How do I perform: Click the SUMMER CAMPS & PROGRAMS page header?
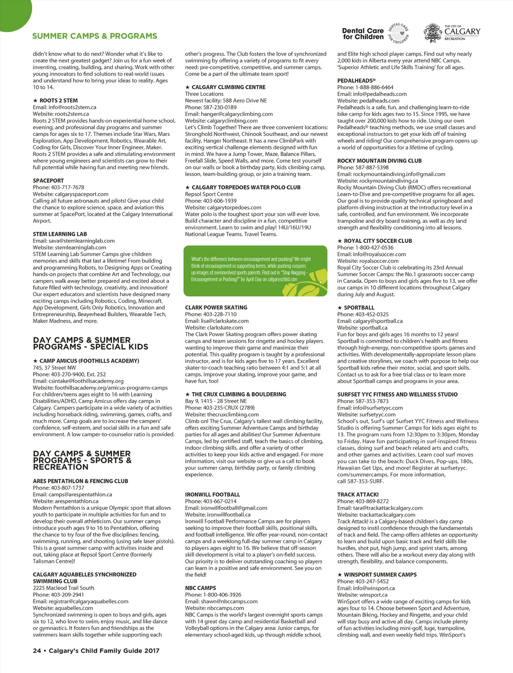click(x=95, y=36)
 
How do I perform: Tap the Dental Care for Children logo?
click(x=376, y=34)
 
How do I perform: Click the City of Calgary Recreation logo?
click(x=452, y=33)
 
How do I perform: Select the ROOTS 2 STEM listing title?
click(x=58, y=101)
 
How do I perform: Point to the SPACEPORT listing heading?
click(x=49, y=181)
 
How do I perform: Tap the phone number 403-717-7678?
click(x=67, y=187)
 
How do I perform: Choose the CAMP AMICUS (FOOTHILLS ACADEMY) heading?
click(x=89, y=361)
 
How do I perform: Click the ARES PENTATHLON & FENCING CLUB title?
click(x=81, y=481)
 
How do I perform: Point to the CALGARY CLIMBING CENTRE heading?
click(x=228, y=87)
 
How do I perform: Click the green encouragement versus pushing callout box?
click(x=255, y=270)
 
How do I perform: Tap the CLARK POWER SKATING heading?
click(x=216, y=307)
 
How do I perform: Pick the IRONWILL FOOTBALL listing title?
click(x=212, y=495)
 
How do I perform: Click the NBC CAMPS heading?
click(x=200, y=588)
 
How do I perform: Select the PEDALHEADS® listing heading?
click(x=356, y=81)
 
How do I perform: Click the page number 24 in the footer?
click(x=37, y=651)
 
